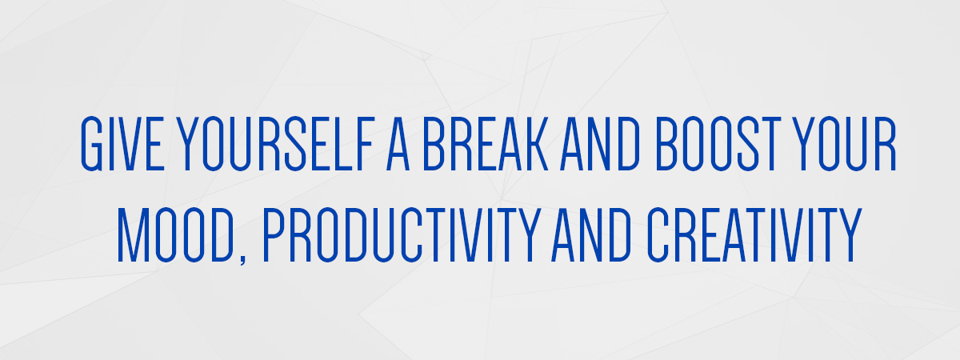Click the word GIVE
coord(122,143)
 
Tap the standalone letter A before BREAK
coord(398,143)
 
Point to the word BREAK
coord(486,143)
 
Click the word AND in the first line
coord(600,143)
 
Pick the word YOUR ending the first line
coord(844,143)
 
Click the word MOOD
coord(176,234)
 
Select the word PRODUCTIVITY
coord(402,234)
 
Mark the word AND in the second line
coord(591,234)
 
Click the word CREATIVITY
coord(754,234)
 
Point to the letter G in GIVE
coord(92,143)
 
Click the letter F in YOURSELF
coord(365,143)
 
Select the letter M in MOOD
coord(134,234)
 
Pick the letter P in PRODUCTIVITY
coord(274,234)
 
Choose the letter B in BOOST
coord(668,143)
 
